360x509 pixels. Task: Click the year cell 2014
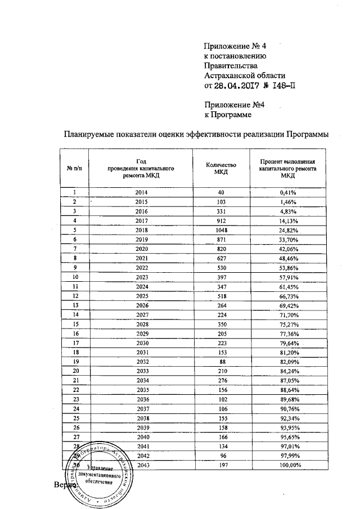tap(141, 192)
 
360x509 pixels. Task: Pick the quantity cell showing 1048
tap(220, 231)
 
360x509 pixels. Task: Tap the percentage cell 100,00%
tap(288, 465)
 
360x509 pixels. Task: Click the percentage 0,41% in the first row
tap(288, 192)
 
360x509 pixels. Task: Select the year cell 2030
tap(141, 342)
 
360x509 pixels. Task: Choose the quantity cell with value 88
tap(220, 362)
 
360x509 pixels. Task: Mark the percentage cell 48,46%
tap(288, 259)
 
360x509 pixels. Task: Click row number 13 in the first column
tap(74, 305)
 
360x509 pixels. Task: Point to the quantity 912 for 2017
tap(220, 221)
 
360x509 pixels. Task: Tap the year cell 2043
tap(141, 465)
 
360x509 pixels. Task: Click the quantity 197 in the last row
tap(220, 465)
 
